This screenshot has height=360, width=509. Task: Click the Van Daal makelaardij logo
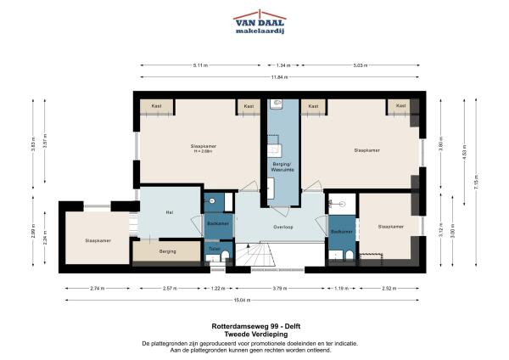260,24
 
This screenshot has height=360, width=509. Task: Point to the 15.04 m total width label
243,300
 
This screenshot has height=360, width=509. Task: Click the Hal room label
169,212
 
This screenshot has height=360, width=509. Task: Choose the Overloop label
282,228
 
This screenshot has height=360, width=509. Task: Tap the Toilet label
214,249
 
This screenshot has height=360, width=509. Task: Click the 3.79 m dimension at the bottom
280,289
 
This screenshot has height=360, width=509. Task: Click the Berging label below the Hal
169,251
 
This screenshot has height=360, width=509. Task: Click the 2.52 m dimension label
389,289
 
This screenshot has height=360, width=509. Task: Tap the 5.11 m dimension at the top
200,65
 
